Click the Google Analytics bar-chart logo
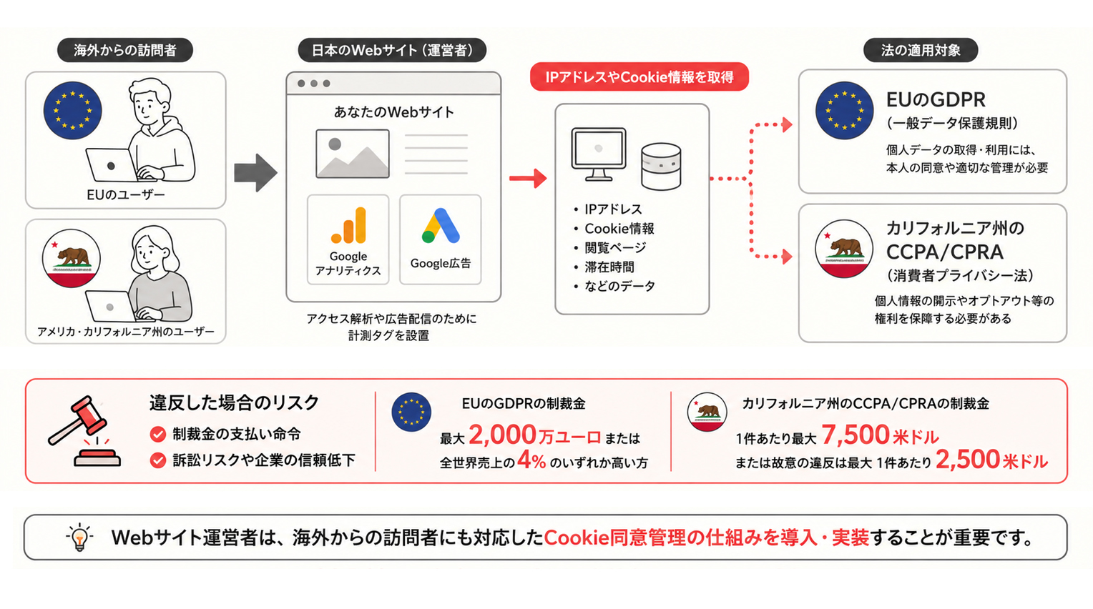click(x=348, y=225)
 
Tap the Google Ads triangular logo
click(x=441, y=226)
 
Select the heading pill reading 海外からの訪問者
click(x=125, y=50)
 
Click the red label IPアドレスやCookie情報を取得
click(x=639, y=77)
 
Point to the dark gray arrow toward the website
click(x=255, y=173)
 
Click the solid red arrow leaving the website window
click(x=528, y=179)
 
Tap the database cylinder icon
click(x=661, y=167)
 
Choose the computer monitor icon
click(x=599, y=154)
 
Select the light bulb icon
click(x=79, y=538)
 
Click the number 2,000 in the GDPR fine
click(x=503, y=435)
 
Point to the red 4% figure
click(x=531, y=460)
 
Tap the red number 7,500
click(x=856, y=435)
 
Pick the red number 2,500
click(x=968, y=460)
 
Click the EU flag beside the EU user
click(x=73, y=110)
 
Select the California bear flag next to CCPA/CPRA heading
click(x=844, y=249)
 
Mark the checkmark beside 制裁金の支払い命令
click(x=157, y=434)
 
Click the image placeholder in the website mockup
click(x=353, y=154)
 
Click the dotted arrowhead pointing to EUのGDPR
click(x=787, y=125)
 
